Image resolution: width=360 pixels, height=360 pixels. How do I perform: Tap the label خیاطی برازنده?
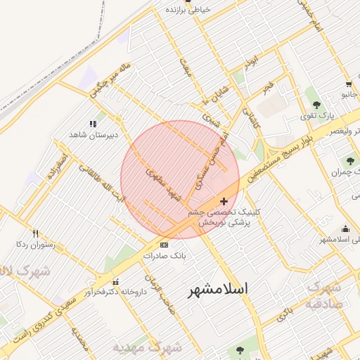pyautogui.click(x=188, y=10)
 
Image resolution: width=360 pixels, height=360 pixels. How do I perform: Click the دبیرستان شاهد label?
pyautogui.click(x=86, y=134)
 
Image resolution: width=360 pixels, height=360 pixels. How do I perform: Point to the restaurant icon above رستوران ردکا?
pyautogui.click(x=34, y=233)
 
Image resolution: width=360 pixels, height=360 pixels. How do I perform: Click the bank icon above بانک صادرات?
pyautogui.click(x=164, y=245)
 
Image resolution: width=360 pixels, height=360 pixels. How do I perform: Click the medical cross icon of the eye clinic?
pyautogui.click(x=224, y=201)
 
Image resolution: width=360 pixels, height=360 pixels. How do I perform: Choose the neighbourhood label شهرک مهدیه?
pyautogui.click(x=148, y=347)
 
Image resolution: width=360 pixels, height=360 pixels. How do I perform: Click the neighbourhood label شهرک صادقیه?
pyautogui.click(x=324, y=295)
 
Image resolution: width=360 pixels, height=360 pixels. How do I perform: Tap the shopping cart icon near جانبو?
pyautogui.click(x=349, y=84)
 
